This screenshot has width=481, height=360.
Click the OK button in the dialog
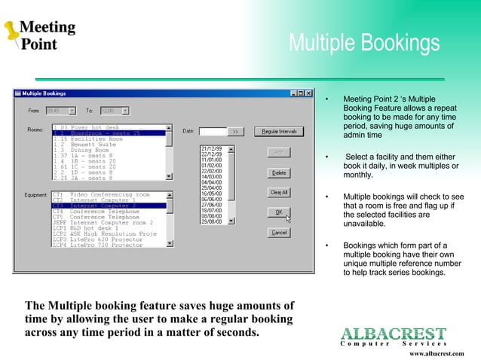[x=278, y=212]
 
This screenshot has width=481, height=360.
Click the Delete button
[x=278, y=172]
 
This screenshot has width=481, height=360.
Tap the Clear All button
[x=278, y=192]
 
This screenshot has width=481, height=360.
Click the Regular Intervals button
[x=278, y=131]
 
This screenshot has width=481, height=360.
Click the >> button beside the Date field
[x=234, y=131]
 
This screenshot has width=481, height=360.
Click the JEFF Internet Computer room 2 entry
[x=102, y=223]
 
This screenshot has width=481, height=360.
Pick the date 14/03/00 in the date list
[x=210, y=177]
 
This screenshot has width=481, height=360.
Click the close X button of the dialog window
[x=309, y=93]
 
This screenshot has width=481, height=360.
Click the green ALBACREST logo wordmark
[x=393, y=333]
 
